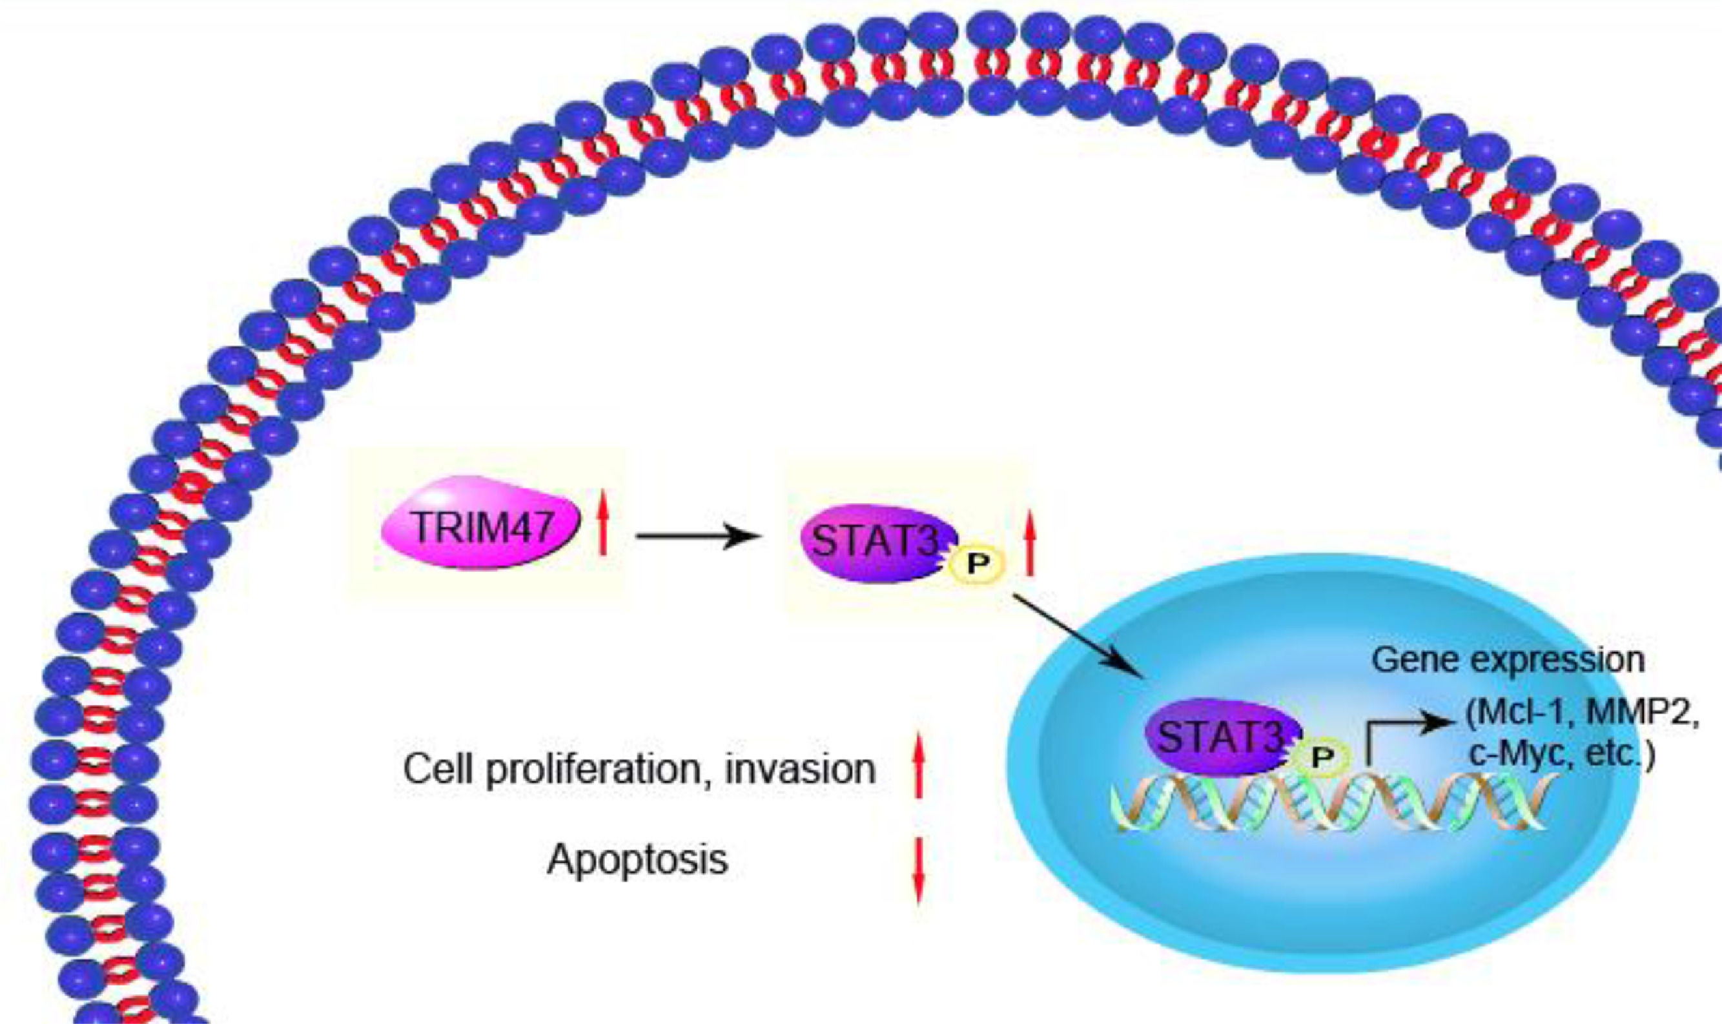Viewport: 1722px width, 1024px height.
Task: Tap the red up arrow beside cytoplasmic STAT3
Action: coord(1029,542)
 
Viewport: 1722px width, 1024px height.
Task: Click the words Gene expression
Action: coord(1508,660)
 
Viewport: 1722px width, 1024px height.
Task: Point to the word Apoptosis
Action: coord(637,860)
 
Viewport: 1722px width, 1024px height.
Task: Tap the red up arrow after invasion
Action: coord(917,766)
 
